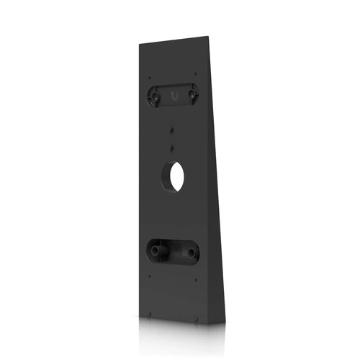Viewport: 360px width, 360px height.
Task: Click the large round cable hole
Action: click(x=173, y=176)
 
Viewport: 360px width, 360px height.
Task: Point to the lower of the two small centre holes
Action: click(x=173, y=145)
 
